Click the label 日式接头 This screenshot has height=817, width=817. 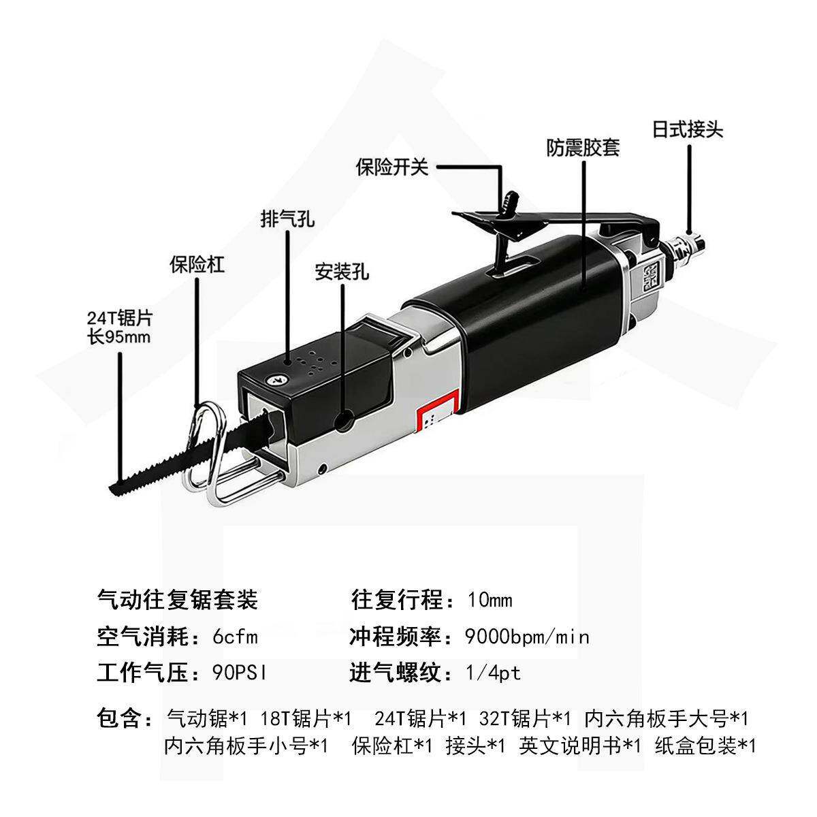(688, 129)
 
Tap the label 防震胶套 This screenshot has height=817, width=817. (583, 147)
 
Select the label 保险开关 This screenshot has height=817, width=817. (392, 167)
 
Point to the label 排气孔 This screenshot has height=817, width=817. (287, 219)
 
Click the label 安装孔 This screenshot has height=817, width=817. (342, 272)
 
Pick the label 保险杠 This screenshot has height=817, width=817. (197, 265)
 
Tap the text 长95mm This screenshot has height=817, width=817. (118, 336)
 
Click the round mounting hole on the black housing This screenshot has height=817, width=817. (346, 420)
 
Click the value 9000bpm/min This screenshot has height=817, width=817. (526, 637)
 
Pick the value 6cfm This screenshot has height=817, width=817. (235, 637)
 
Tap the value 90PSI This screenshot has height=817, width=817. (239, 673)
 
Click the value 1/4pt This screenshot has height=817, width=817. (493, 673)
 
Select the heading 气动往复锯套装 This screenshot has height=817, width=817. (178, 600)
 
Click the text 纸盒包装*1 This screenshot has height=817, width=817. (705, 746)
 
